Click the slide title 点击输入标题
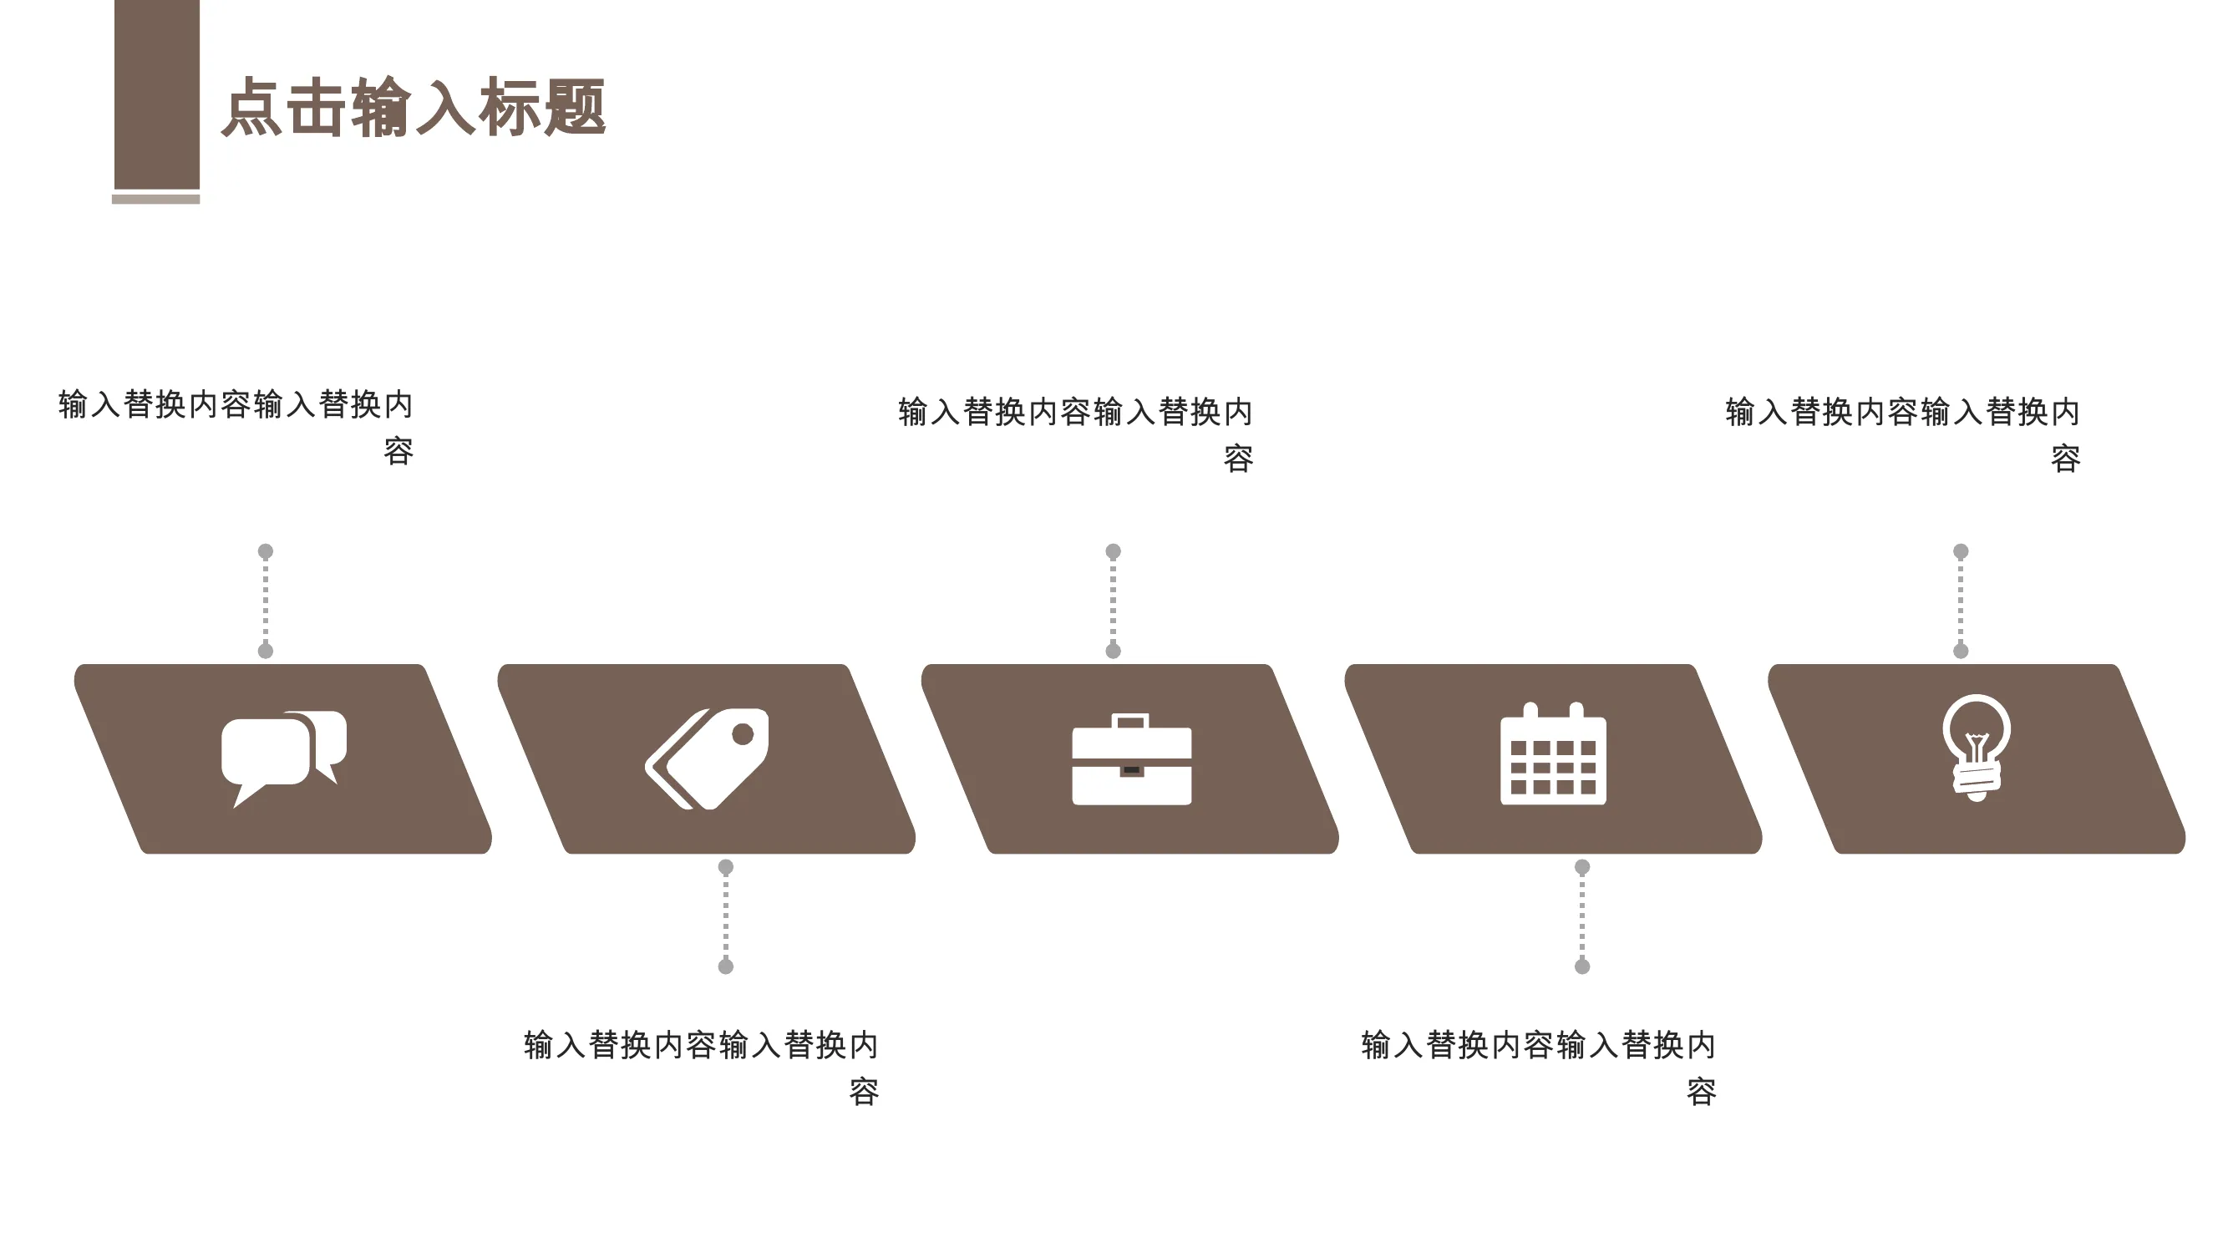pyautogui.click(x=414, y=107)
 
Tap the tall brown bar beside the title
pyautogui.click(x=156, y=94)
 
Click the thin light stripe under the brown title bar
pyautogui.click(x=155, y=199)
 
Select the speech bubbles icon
pyautogui.click(x=284, y=758)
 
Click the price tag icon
pyautogui.click(x=707, y=758)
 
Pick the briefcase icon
pyautogui.click(x=1131, y=759)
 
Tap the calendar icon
pyautogui.click(x=1553, y=753)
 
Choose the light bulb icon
pyautogui.click(x=1977, y=748)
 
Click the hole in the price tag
pyautogui.click(x=742, y=734)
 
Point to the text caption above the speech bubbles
pyautogui.click(x=236, y=427)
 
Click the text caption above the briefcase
pyautogui.click(x=1075, y=434)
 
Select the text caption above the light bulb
pyautogui.click(x=1903, y=434)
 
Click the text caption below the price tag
pyautogui.click(x=702, y=1068)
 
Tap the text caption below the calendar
pyautogui.click(x=1539, y=1068)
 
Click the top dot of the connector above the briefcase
pyautogui.click(x=1113, y=550)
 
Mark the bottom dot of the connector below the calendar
pyautogui.click(x=1582, y=966)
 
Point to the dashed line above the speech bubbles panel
pyautogui.click(x=266, y=601)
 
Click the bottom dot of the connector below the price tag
pyautogui.click(x=726, y=966)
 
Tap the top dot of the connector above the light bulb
pyautogui.click(x=1961, y=550)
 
